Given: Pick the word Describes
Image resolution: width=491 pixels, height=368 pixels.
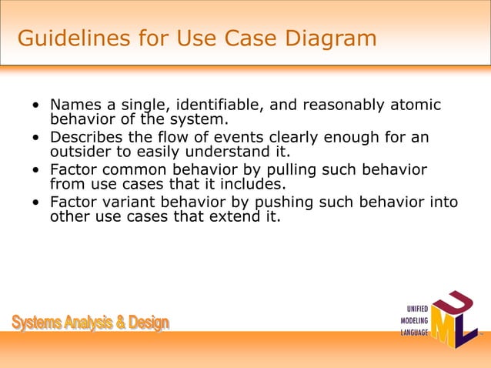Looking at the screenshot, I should point(85,137).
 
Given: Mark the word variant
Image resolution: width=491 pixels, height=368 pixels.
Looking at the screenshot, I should point(131,202).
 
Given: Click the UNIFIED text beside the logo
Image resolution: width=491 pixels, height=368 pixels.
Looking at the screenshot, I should point(414,309).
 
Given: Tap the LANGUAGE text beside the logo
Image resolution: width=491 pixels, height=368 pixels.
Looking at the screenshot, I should point(413,332).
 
